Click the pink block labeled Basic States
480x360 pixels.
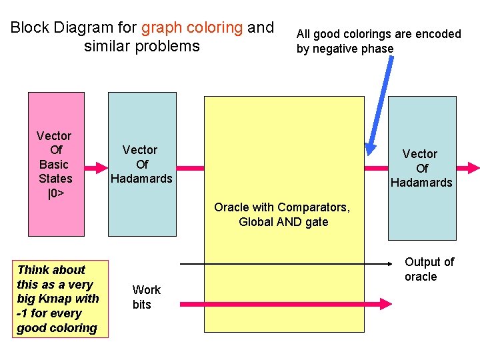click(56, 164)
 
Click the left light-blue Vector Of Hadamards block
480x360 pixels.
click(142, 164)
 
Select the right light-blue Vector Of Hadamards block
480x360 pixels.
click(421, 168)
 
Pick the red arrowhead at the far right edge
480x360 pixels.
click(473, 168)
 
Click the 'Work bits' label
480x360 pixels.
click(145, 297)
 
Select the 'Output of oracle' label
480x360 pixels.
click(429, 269)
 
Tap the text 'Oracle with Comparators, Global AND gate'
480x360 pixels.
click(281, 215)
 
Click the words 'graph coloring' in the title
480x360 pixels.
click(192, 28)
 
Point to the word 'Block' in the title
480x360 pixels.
click(29, 28)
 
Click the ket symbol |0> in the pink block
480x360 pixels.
click(55, 193)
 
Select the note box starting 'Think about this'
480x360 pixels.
click(59, 299)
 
